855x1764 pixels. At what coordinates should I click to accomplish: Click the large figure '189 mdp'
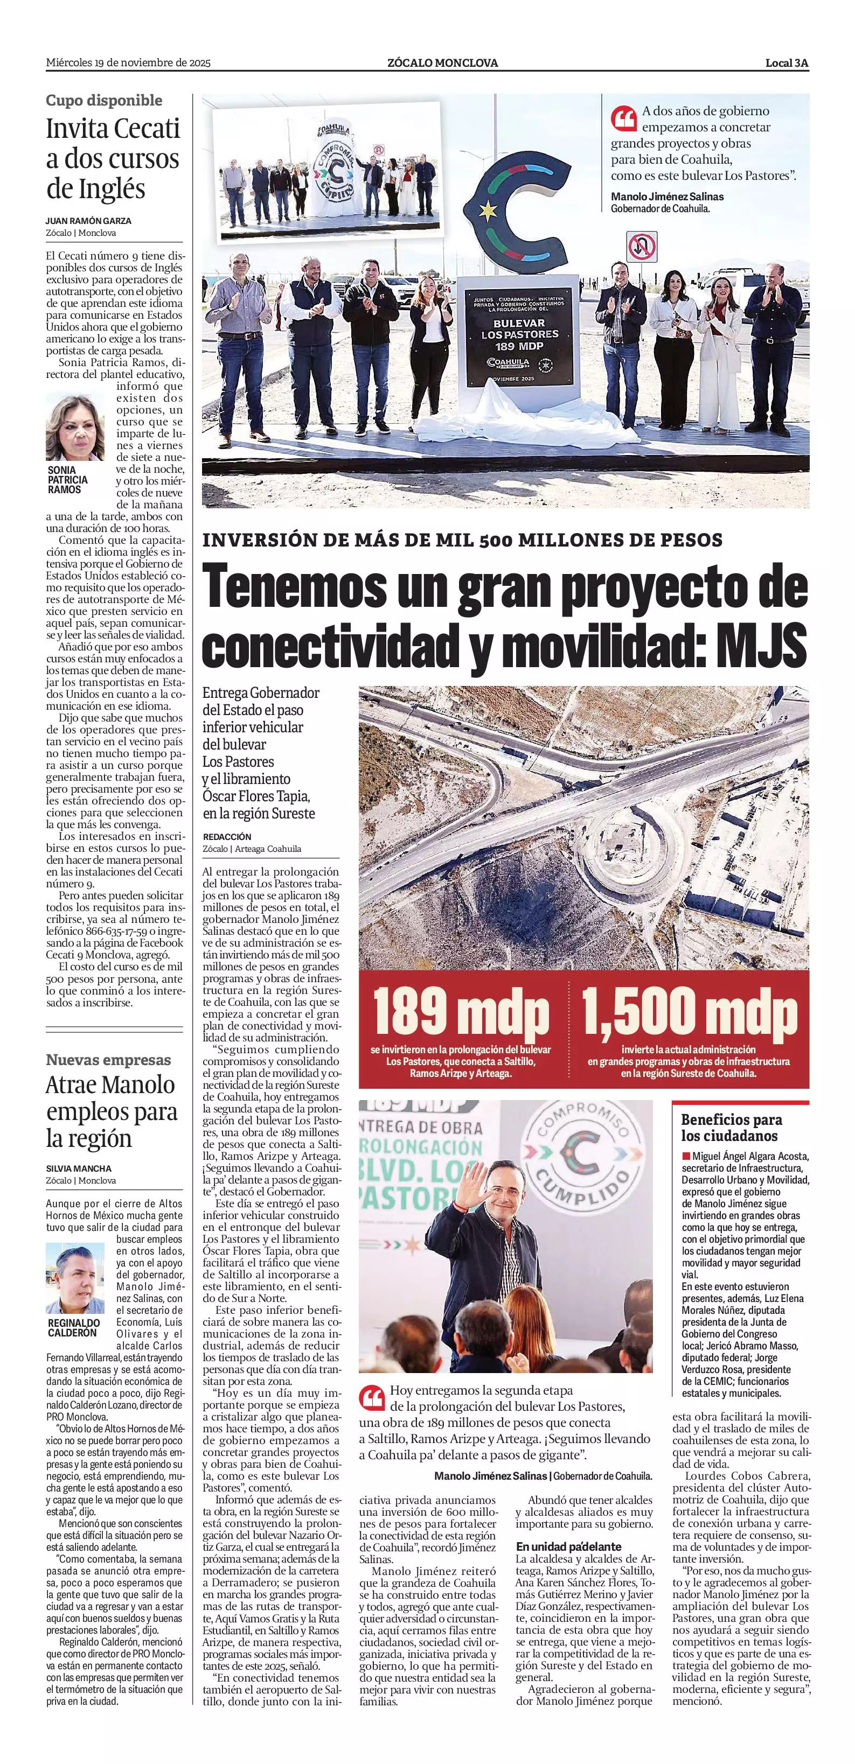pyautogui.click(x=461, y=1013)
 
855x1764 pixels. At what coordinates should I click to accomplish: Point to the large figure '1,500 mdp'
pyautogui.click(x=689, y=1013)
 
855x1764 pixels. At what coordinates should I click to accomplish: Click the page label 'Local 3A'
pyautogui.click(x=787, y=63)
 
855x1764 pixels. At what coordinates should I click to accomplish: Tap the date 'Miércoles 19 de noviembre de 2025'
pyautogui.click(x=128, y=63)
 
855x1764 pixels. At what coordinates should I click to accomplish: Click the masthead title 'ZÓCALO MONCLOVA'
pyautogui.click(x=442, y=63)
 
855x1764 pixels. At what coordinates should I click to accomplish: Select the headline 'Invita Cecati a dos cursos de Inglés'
pyautogui.click(x=113, y=158)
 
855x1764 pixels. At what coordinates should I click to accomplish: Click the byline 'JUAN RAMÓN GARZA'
pyautogui.click(x=88, y=221)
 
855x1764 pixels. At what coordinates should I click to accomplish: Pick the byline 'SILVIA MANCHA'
pyautogui.click(x=79, y=1168)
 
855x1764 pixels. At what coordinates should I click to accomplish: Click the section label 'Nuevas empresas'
pyautogui.click(x=108, y=1060)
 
